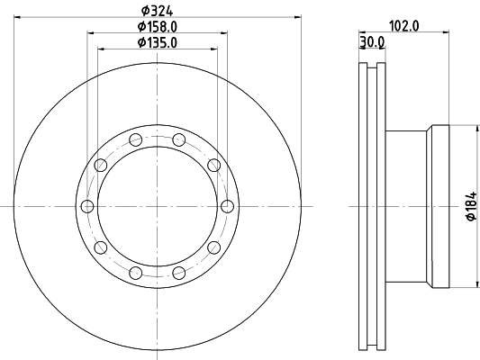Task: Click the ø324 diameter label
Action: tap(157, 12)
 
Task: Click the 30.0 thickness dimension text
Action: tap(372, 41)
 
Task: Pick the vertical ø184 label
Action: tap(468, 207)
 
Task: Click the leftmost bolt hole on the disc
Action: tap(87, 207)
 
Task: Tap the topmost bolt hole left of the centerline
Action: tap(135, 139)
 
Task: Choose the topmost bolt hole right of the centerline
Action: tap(179, 139)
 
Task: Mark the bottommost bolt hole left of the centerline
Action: tap(135, 274)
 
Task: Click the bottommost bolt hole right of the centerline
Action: tap(179, 274)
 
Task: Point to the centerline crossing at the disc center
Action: tap(158, 207)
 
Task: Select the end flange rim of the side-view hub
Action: tap(439, 207)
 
